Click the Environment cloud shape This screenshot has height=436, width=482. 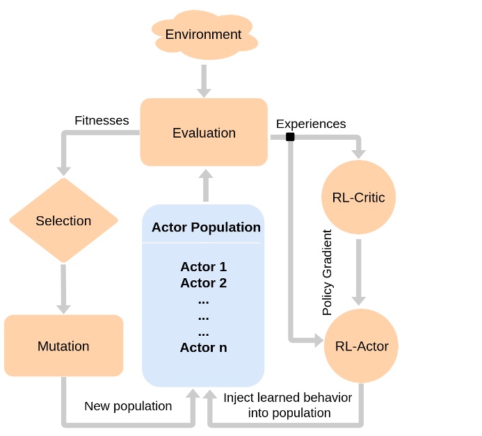click(x=203, y=35)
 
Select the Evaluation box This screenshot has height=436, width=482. click(x=204, y=133)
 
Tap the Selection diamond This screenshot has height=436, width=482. click(x=63, y=221)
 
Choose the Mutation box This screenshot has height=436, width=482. click(x=63, y=346)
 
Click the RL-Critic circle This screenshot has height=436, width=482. click(x=358, y=197)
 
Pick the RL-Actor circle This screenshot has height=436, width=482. click(x=361, y=346)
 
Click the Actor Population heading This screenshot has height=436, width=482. click(x=206, y=227)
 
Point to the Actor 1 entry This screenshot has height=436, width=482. click(x=203, y=267)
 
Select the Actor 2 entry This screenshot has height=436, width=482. click(x=203, y=283)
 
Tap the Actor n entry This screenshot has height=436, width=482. click(x=203, y=347)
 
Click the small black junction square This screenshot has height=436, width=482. click(x=290, y=137)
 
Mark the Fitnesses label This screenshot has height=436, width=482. click(x=102, y=120)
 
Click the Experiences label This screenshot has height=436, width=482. click(x=311, y=124)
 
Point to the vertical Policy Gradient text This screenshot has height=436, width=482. click(x=328, y=273)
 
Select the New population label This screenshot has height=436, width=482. click(x=128, y=405)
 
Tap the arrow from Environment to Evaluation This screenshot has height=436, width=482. click(x=204, y=81)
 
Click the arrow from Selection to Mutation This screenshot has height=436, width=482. click(x=63, y=288)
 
